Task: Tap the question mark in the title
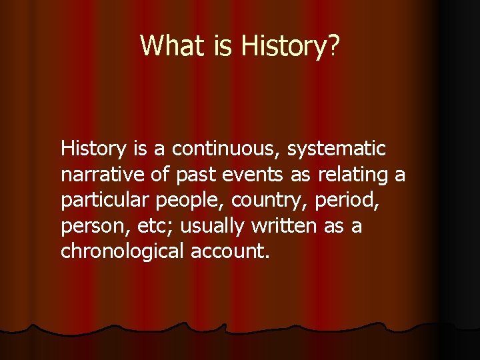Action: (333, 45)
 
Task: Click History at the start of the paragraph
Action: (91, 149)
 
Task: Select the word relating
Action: (353, 175)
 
